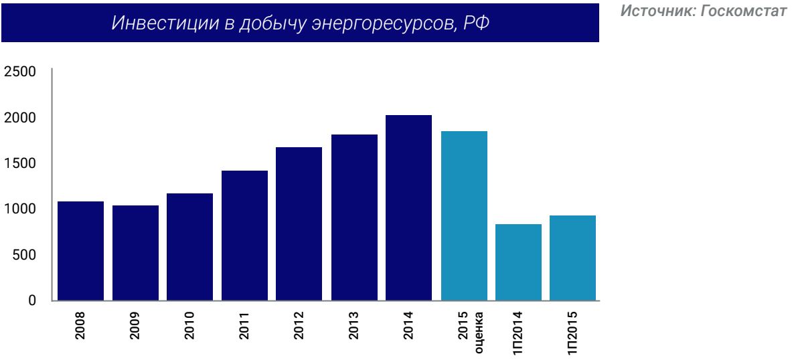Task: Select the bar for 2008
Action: [x=80, y=250]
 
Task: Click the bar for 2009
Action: [x=135, y=252]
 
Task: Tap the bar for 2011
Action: [x=244, y=235]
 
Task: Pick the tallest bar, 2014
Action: [x=408, y=207]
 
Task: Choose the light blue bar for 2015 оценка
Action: [x=464, y=215]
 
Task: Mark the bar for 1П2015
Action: [x=573, y=258]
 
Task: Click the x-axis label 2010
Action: [x=189, y=326]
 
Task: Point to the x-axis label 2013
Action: [x=353, y=326]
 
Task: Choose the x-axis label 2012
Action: [x=299, y=326]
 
